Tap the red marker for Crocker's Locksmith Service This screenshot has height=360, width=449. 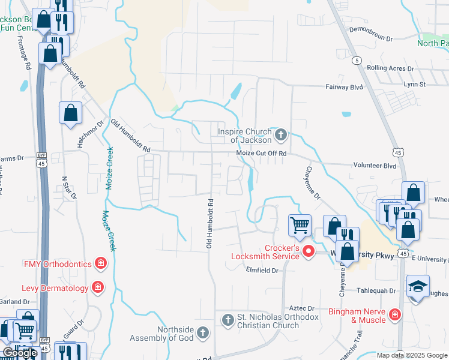(309, 251)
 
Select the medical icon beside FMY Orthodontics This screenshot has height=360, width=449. (101, 263)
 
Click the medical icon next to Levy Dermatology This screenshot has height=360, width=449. (98, 288)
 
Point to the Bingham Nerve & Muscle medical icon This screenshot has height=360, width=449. (394, 314)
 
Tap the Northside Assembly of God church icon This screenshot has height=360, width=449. (203, 332)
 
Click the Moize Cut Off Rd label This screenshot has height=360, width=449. (262, 154)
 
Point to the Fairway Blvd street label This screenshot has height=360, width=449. (344, 87)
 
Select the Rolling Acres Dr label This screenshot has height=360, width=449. (390, 68)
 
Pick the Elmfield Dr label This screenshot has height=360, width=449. (263, 271)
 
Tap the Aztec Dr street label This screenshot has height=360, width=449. (302, 308)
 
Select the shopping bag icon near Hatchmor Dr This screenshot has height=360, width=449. (70, 112)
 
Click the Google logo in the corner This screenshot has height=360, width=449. (20, 353)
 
